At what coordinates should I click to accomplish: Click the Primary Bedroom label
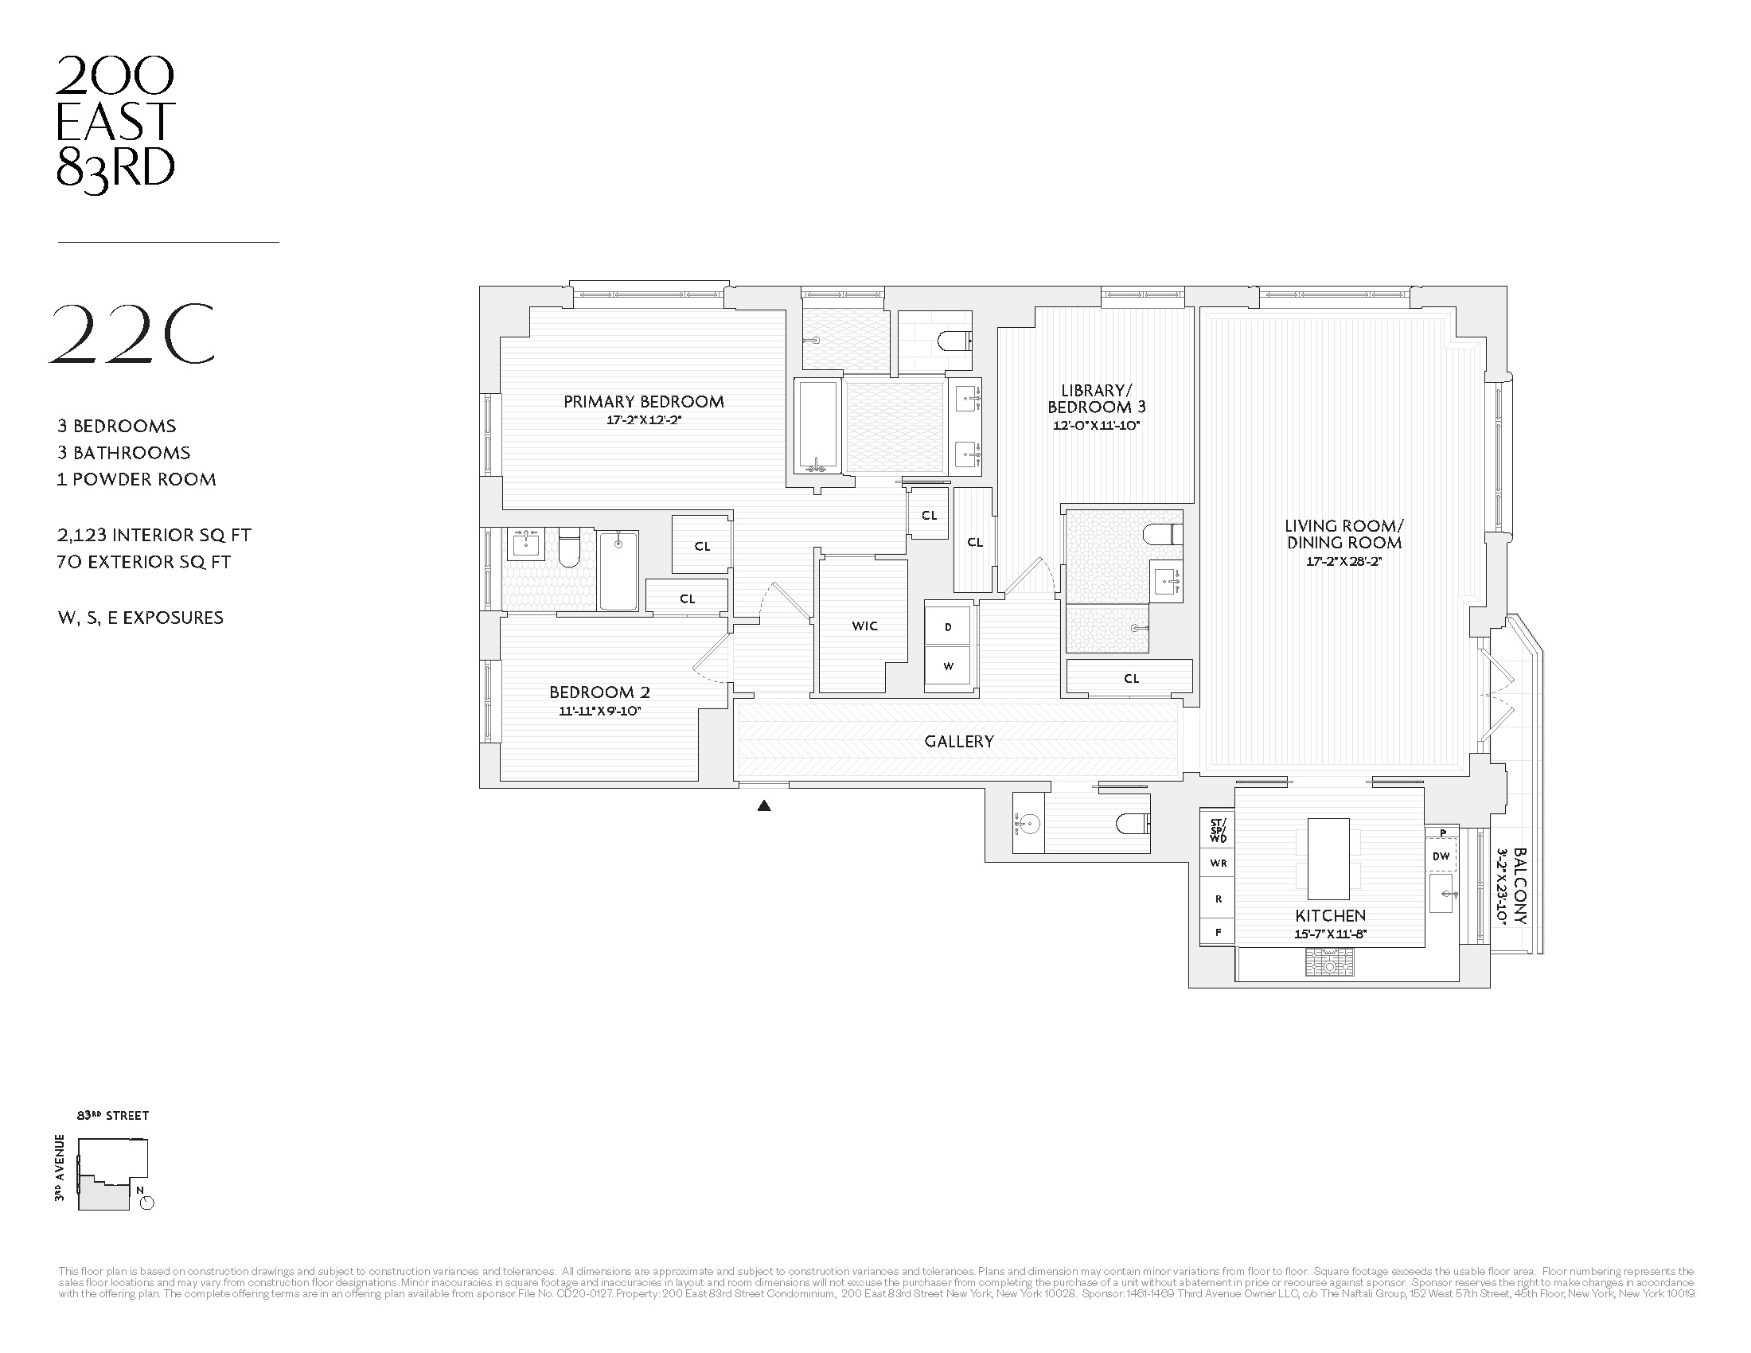click(643, 402)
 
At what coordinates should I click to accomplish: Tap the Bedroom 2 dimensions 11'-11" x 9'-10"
click(599, 711)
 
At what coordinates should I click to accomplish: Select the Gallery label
click(959, 742)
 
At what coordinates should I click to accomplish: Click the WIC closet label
click(864, 626)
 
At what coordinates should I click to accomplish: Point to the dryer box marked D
click(948, 628)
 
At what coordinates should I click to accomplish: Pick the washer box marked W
click(948, 666)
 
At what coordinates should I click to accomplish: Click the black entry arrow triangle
click(764, 806)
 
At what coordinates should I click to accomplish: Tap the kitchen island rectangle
click(1328, 859)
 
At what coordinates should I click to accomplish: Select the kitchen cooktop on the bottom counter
click(1329, 963)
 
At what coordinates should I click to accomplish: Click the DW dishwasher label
click(1441, 856)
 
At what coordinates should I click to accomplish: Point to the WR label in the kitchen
click(1218, 864)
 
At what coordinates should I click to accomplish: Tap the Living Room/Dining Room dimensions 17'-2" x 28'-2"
click(1343, 562)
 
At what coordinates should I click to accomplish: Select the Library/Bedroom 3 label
click(1096, 399)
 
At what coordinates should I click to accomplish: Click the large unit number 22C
click(132, 334)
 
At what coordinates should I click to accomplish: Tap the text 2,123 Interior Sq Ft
click(154, 536)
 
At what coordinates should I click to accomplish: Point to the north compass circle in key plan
click(146, 1203)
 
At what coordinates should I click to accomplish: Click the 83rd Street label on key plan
click(113, 1116)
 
